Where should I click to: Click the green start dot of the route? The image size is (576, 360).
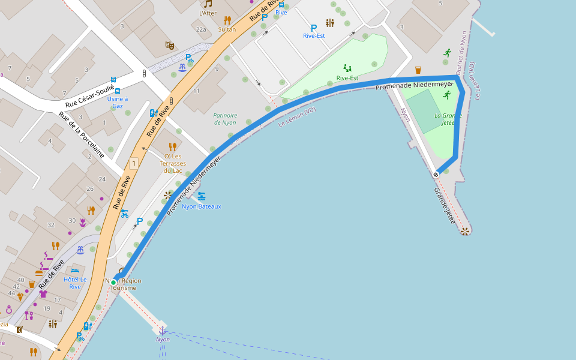tap(113, 282)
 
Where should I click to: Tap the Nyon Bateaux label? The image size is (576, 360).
tap(202, 206)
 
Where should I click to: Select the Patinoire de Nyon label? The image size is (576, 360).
tap(225, 119)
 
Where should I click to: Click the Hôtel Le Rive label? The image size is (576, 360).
tap(75, 283)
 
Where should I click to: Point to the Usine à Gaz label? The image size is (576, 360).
tap(118, 102)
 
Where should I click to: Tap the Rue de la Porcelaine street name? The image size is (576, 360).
tap(82, 134)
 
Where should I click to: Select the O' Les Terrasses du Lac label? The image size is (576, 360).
tap(173, 163)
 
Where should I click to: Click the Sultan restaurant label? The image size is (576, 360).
tap(227, 29)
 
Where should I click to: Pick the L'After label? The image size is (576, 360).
tap(208, 13)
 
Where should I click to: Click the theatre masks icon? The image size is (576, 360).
tap(170, 44)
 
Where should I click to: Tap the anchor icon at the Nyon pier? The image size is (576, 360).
tap(162, 330)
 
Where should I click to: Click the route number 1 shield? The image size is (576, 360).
tap(133, 163)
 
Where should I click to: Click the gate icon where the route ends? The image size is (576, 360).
tap(436, 174)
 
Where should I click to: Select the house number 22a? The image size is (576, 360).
tap(201, 29)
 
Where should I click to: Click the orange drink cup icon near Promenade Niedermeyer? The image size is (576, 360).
tap(418, 70)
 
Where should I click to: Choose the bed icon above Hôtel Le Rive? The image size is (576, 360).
tap(75, 271)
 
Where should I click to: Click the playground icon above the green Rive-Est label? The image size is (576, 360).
tap(347, 68)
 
